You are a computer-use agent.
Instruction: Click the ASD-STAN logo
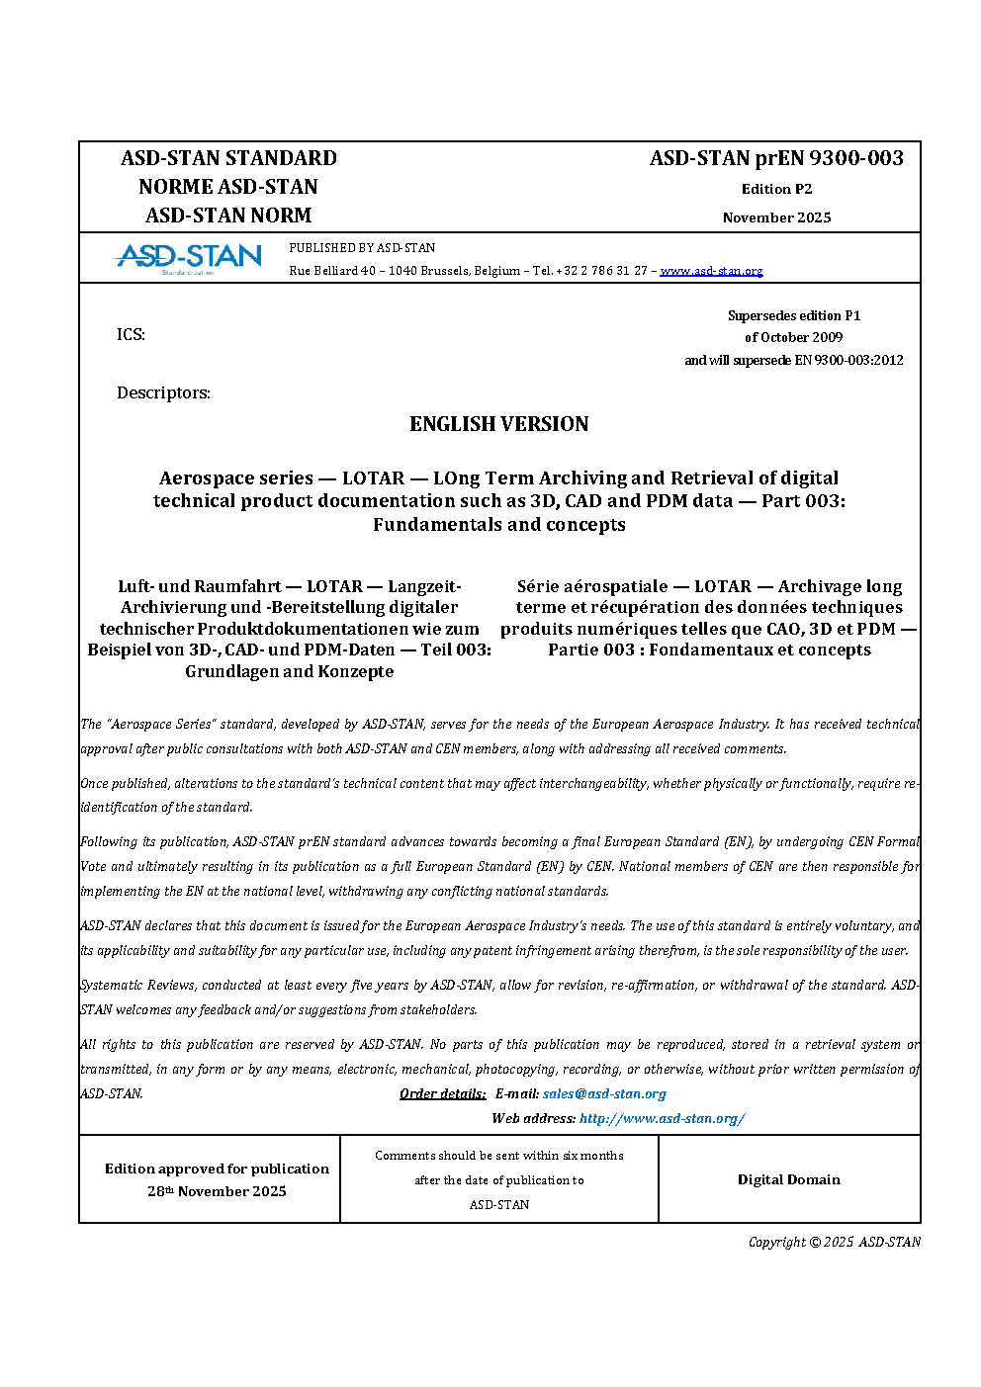tap(189, 258)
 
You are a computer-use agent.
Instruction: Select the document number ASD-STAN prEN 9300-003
tap(776, 158)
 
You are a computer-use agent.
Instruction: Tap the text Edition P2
tap(776, 189)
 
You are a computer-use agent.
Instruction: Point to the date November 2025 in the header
tap(776, 217)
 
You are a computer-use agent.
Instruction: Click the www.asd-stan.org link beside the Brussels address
tap(711, 271)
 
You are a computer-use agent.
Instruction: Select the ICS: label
tap(131, 334)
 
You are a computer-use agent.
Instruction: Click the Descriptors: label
tap(163, 392)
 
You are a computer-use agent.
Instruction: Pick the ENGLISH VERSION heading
tap(498, 424)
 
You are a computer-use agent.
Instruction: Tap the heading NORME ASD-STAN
tap(228, 187)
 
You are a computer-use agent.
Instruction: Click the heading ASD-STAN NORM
tap(228, 216)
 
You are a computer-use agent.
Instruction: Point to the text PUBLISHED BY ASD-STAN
tap(362, 248)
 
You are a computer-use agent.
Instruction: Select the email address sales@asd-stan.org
tap(604, 1094)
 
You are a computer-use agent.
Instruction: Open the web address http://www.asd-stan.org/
tap(662, 1119)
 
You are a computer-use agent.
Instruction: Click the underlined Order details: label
tap(442, 1094)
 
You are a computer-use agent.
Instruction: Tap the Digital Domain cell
tap(788, 1179)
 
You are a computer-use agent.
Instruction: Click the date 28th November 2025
tap(217, 1191)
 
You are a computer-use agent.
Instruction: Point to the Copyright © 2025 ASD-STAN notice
tap(834, 1242)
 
